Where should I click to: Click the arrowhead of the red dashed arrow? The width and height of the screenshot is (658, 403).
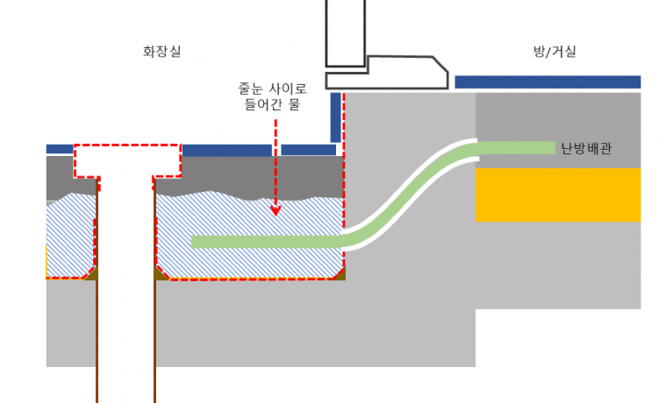[x=275, y=210]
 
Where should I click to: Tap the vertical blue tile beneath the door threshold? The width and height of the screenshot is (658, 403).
[x=335, y=117]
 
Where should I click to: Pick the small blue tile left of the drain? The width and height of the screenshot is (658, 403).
[x=60, y=149]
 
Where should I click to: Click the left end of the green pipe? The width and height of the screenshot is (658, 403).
[x=196, y=242]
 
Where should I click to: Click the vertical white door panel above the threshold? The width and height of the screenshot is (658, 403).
[x=345, y=31]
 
